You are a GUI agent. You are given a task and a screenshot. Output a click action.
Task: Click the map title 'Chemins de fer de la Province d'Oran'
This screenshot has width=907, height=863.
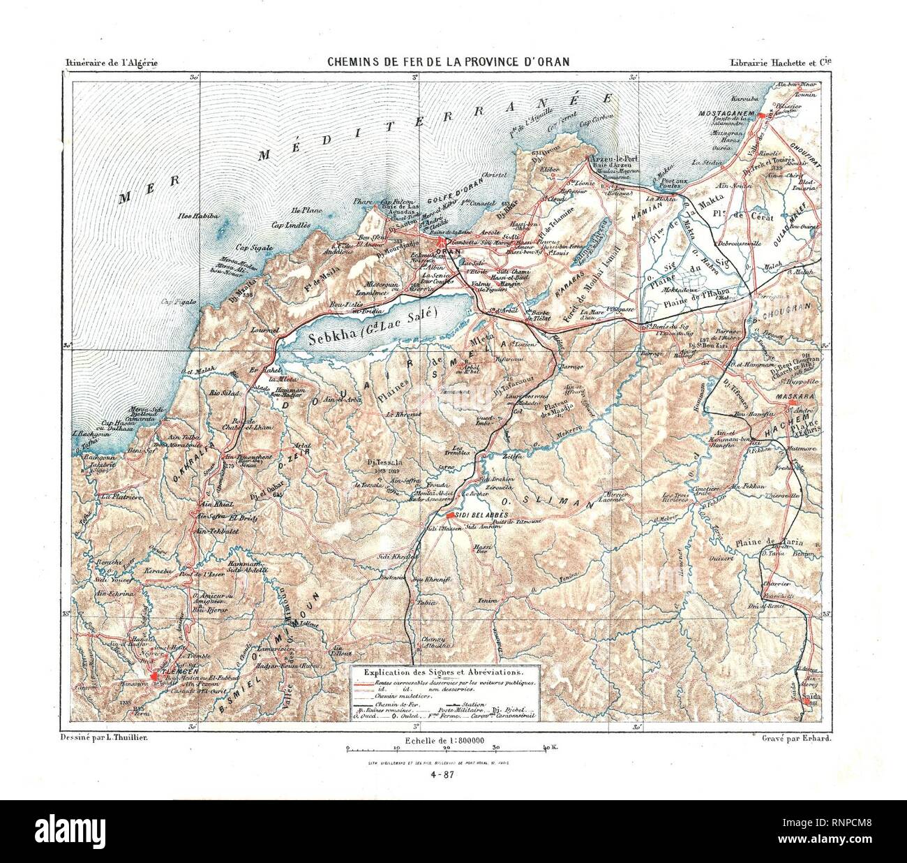pos(449,61)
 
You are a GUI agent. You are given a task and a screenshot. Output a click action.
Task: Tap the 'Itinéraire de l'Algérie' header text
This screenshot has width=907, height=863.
pos(111,62)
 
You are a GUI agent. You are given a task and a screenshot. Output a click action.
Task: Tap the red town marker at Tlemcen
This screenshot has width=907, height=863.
pos(153,675)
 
